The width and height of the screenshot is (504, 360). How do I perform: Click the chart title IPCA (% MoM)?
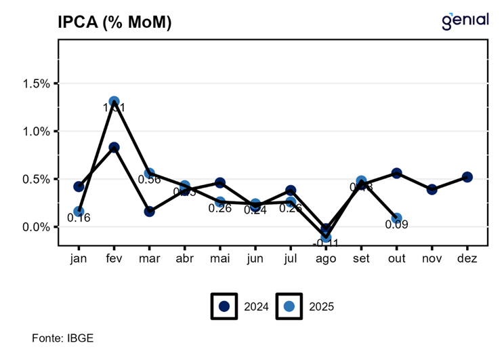pos(114,22)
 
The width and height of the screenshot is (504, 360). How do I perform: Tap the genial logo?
pos(465,21)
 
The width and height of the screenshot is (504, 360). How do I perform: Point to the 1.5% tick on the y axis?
pos(37,83)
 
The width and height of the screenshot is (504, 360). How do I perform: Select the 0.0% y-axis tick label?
pos(37,227)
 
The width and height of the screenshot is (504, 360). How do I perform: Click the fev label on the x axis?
pos(114,259)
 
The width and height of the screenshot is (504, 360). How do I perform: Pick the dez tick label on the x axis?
pos(467,259)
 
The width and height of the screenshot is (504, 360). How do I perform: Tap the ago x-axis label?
pos(326,259)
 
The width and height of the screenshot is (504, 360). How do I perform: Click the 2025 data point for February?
pos(114,102)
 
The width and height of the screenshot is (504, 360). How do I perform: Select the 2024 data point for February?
pos(114,147)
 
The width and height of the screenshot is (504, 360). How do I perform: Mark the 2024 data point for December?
pos(467,177)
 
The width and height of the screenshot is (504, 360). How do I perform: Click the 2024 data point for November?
pos(432,189)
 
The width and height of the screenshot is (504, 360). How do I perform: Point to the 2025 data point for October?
pos(397,218)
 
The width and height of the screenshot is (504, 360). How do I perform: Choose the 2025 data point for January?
pos(79,212)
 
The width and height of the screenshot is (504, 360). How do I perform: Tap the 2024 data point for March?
pos(149,212)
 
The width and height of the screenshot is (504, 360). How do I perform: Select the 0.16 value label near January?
pos(79,218)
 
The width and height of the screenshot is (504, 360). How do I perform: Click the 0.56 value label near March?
pos(149,179)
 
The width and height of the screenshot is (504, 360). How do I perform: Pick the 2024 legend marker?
pos(224,306)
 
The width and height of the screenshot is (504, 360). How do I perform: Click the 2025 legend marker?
pos(289,306)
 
